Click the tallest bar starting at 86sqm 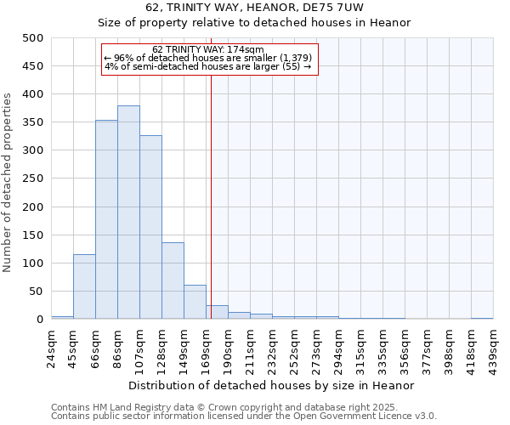coord(128,212)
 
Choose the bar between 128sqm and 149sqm coord(173,280)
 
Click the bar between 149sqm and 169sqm coord(195,302)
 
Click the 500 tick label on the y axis coord(32,38)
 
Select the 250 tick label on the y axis coord(32,178)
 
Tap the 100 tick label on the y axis coord(32,263)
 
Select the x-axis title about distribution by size coord(272,385)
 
